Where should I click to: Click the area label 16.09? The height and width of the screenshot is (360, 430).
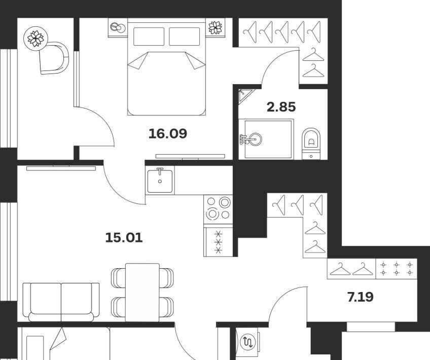pyautogui.click(x=168, y=133)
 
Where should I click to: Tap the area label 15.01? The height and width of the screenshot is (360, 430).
pyautogui.click(x=124, y=237)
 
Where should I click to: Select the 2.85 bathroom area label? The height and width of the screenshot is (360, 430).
pyautogui.click(x=281, y=107)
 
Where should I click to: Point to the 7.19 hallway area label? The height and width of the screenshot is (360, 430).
pyautogui.click(x=361, y=297)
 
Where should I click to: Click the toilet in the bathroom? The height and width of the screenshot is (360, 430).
pyautogui.click(x=311, y=143)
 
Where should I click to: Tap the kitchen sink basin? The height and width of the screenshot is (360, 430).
pyautogui.click(x=160, y=181)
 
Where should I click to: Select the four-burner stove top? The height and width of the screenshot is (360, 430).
pyautogui.click(x=218, y=209)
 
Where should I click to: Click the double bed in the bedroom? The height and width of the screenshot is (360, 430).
pyautogui.click(x=166, y=67)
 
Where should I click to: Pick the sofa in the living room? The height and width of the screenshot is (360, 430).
pyautogui.click(x=61, y=302)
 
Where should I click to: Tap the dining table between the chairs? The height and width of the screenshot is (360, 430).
pyautogui.click(x=142, y=292)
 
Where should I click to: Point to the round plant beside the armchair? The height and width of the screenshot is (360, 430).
pyautogui.click(x=35, y=39)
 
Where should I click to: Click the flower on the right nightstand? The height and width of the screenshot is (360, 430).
pyautogui.click(x=216, y=27)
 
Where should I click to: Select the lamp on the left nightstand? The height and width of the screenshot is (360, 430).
pyautogui.click(x=118, y=27)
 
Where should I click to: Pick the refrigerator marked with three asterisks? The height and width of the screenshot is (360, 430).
pyautogui.click(x=218, y=241)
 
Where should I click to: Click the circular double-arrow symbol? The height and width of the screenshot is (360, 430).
pyautogui.click(x=248, y=342)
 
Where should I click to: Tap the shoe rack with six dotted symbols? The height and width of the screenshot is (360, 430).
pyautogui.click(x=397, y=269)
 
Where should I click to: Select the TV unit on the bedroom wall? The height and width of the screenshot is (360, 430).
pyautogui.click(x=190, y=156)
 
